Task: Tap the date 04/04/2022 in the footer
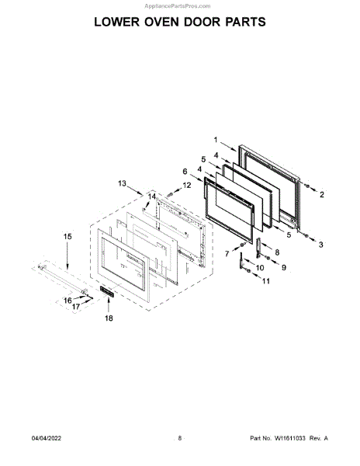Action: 47,438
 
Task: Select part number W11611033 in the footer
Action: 289,438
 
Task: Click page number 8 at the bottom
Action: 180,438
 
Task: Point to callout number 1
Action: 216,140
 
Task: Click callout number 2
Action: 322,195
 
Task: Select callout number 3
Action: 321,245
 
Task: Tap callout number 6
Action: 185,172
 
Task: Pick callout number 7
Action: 227,253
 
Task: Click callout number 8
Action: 277,252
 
